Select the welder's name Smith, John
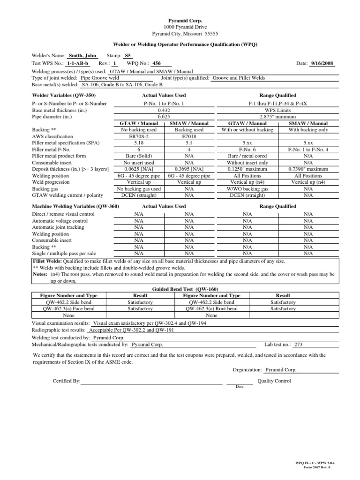point(83,56)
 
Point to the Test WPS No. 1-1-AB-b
point(78,63)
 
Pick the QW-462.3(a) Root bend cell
point(211,309)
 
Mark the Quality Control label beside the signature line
point(274,381)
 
